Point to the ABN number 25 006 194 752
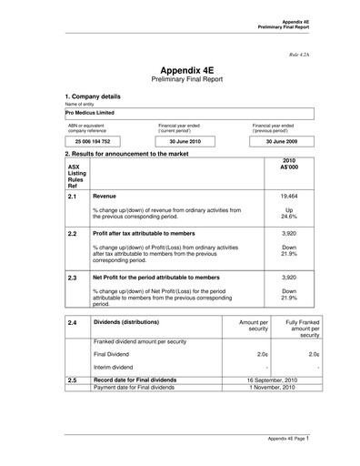pyautogui.click(x=92, y=143)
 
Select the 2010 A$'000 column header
pyautogui.click(x=289, y=166)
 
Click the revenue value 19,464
pyautogui.click(x=289, y=196)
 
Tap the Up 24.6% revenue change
pyautogui.click(x=289, y=214)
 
